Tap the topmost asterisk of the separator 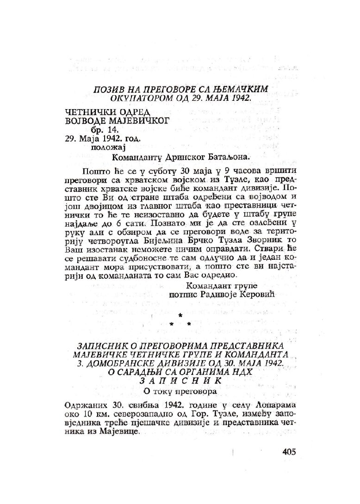[180, 315]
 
